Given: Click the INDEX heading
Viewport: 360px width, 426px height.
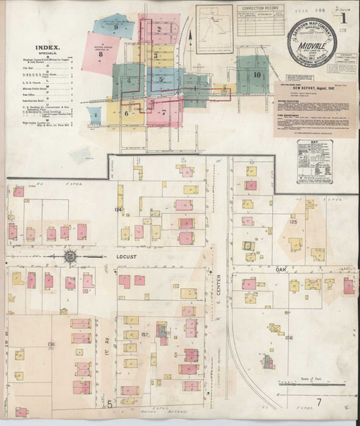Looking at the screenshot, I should point(45,47).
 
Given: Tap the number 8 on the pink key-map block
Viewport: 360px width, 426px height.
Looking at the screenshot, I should point(102,54).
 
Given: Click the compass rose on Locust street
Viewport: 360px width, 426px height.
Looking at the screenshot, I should point(71,255).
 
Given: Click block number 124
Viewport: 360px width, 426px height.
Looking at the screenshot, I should point(119,209).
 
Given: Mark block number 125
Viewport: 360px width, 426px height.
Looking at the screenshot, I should point(293,222).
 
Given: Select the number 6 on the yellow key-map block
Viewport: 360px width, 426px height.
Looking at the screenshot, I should point(126,113).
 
